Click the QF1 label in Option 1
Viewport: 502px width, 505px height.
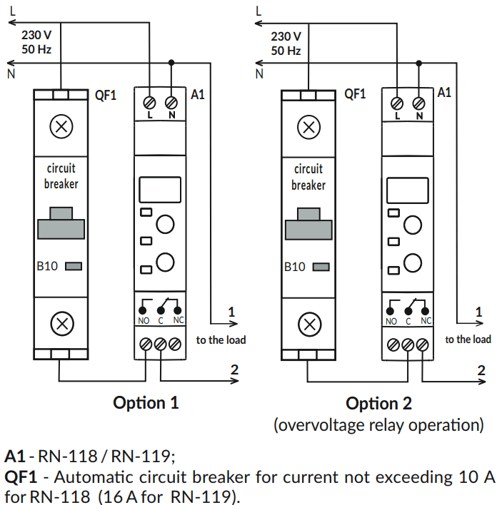tap(106, 95)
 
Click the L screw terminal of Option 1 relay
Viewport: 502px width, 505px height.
tap(150, 101)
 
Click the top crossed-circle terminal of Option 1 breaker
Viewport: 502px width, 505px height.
tap(62, 128)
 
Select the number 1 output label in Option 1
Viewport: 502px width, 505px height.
tap(231, 312)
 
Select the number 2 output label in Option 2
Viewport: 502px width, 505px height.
tap(481, 369)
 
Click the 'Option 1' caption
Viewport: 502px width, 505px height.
tap(146, 403)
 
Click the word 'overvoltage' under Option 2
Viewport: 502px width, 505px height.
tap(320, 426)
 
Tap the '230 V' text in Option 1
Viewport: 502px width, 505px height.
tap(36, 35)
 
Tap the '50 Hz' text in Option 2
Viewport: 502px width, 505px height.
tap(286, 51)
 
